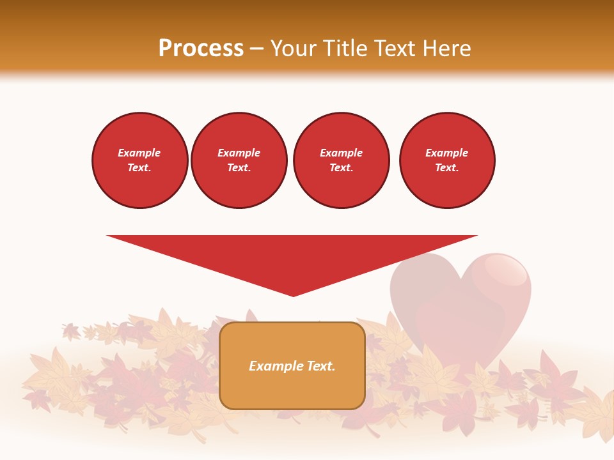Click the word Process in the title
201,49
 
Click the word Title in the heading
343,49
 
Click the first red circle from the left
140,160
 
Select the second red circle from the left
239,160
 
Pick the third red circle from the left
342,160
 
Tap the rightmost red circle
447,160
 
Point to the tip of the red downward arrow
293,295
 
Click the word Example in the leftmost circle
139,153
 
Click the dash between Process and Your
257,49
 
